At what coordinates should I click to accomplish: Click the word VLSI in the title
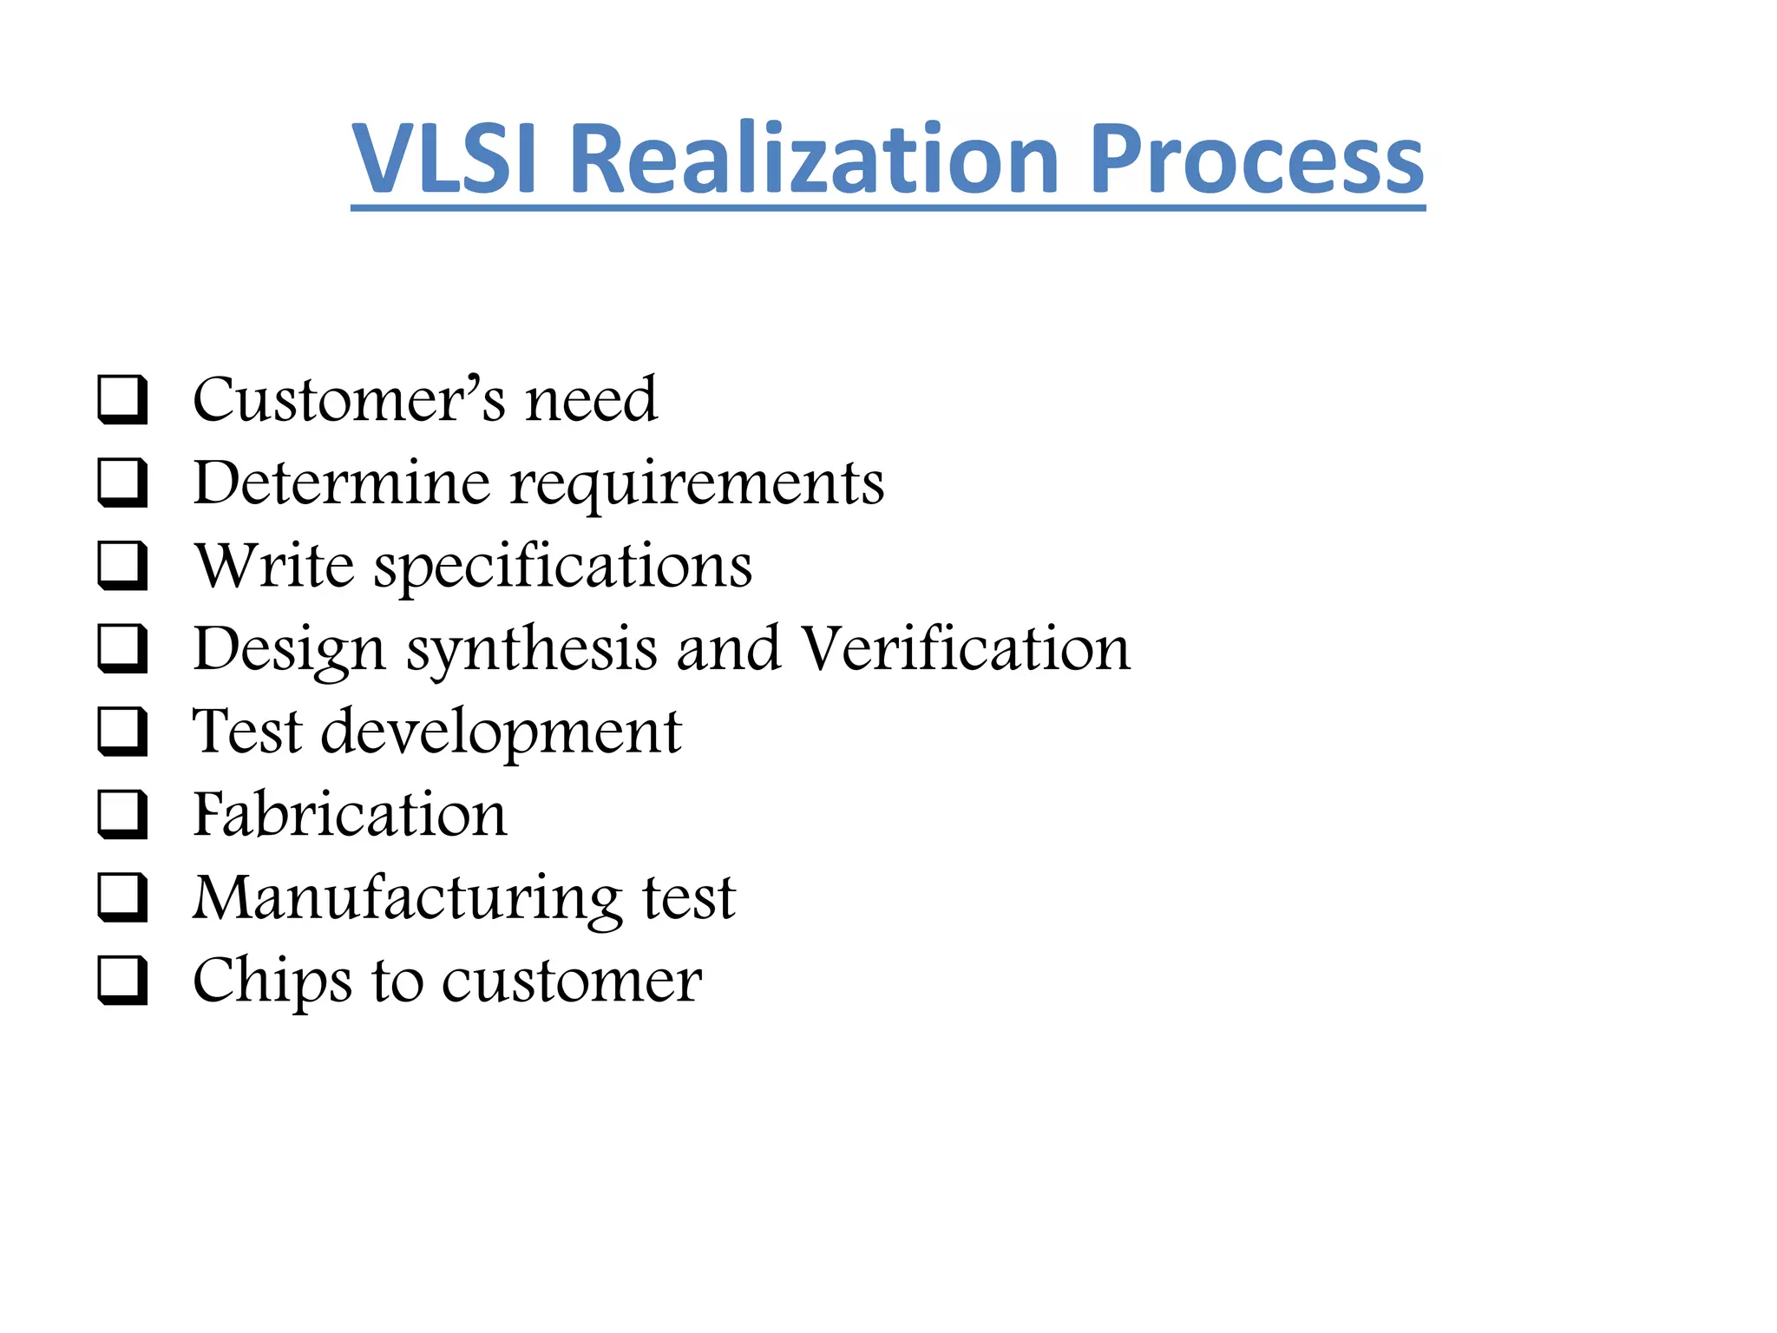pos(444,159)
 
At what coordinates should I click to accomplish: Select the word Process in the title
pos(1256,159)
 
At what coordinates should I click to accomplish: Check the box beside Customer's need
pos(122,399)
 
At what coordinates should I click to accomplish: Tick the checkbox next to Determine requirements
pos(122,483)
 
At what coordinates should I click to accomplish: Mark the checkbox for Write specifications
pos(122,565)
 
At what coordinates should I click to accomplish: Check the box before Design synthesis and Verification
pos(122,648)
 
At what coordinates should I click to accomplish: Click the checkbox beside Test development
pos(122,731)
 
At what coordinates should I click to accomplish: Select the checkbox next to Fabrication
pos(122,814)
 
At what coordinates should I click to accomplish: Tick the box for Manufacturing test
pos(122,896)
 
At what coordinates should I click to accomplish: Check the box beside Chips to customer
pos(122,980)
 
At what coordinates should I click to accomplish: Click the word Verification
pos(966,648)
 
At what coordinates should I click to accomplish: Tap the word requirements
pos(697,484)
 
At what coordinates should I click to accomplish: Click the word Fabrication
pos(350,814)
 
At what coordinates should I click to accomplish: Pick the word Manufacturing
pos(407,898)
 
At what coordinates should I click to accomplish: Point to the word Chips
pos(272,982)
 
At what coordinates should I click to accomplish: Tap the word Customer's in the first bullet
pos(349,399)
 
